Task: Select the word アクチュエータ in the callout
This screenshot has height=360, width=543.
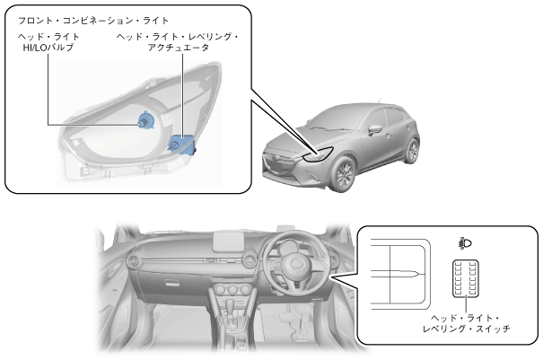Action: point(178,48)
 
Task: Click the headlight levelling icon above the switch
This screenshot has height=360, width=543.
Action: point(466,242)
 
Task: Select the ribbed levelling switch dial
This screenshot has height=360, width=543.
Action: point(466,281)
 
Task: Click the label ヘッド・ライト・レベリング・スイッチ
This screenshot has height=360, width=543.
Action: point(466,323)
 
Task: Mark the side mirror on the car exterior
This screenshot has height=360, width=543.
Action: point(378,136)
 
